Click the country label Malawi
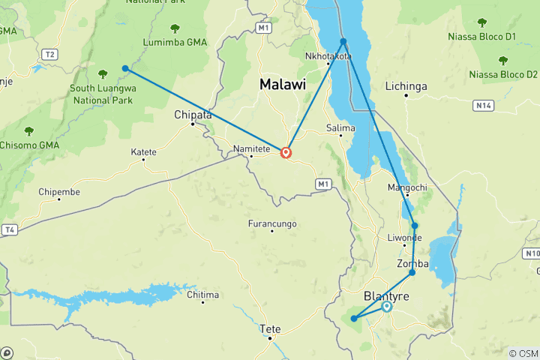coord(283,85)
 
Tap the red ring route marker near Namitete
coord(286,153)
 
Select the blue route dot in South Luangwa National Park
coord(125,68)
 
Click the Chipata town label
coord(193,115)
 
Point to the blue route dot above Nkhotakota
coord(343,41)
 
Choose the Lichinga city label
coord(406,87)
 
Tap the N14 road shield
coord(484,106)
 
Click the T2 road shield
coord(50,54)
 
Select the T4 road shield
coord(9,229)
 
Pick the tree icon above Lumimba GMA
coord(175,28)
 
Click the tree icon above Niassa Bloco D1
coord(502,22)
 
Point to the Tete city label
coord(269,328)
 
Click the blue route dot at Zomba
coord(412,272)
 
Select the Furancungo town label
coord(272,223)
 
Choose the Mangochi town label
coord(406,187)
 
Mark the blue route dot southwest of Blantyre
coord(353,319)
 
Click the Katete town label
coord(144,151)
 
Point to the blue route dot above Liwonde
coord(415,226)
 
